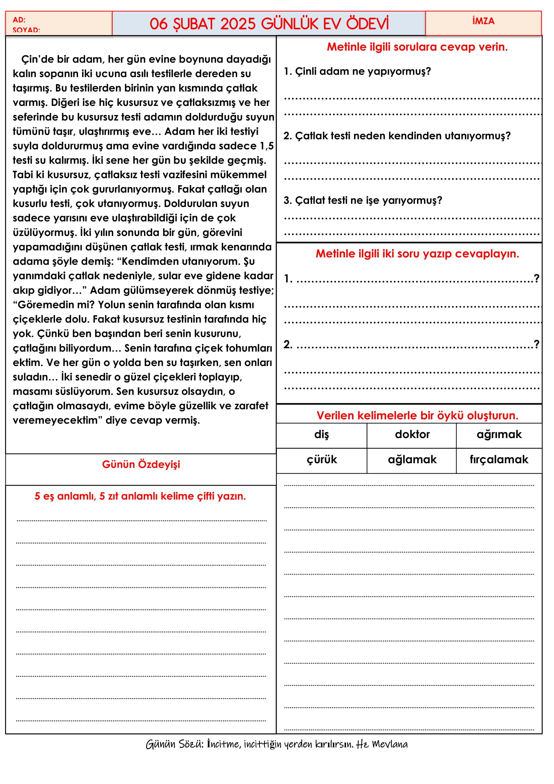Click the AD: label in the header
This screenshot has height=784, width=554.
(x=19, y=20)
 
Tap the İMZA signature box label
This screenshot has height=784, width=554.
(x=483, y=21)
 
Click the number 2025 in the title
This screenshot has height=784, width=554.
(x=238, y=24)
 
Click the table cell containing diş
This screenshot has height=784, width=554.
(x=321, y=435)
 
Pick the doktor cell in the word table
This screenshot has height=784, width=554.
(x=412, y=435)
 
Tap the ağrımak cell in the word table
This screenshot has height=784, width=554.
(x=499, y=435)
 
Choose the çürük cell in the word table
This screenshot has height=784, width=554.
(x=321, y=460)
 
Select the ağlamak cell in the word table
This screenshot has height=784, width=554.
(x=412, y=460)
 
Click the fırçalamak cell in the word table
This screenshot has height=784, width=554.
(x=499, y=460)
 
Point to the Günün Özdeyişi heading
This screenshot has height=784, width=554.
(x=141, y=464)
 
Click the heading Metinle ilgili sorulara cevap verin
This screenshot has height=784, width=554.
(x=417, y=47)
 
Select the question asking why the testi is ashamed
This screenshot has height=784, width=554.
(x=397, y=136)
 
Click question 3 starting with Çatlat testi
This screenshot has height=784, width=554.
(x=363, y=200)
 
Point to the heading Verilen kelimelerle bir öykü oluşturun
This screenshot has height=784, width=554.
(x=417, y=416)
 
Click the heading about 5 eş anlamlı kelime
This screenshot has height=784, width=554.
(x=140, y=496)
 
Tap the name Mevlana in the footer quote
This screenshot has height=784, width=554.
(x=390, y=744)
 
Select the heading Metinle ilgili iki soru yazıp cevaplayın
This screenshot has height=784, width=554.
(x=417, y=254)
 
